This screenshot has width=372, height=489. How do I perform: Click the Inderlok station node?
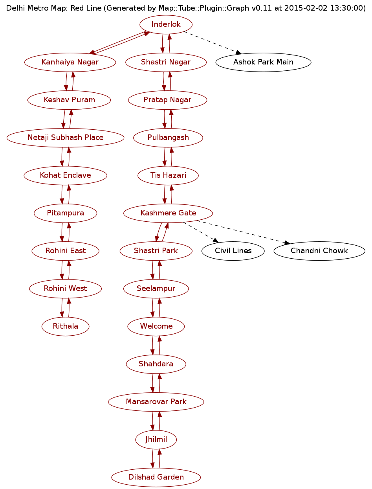pos(166,24)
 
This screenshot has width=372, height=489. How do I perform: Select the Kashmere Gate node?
pos(168,213)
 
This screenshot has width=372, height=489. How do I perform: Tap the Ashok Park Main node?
pos(263,62)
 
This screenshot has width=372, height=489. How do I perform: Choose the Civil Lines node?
pos(233,251)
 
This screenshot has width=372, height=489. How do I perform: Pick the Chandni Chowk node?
pos(319,251)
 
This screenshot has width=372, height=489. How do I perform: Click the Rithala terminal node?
pos(66,326)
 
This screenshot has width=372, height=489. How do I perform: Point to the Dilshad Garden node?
pos(156,477)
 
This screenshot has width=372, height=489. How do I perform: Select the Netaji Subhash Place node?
pos(66,138)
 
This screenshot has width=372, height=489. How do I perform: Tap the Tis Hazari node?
pos(168,175)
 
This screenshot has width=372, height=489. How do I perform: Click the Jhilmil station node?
pos(156,439)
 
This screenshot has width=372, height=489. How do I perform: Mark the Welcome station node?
pos(156,326)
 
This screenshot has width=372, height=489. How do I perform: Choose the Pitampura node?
pos(66,213)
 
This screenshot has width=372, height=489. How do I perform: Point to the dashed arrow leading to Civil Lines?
pos(200,232)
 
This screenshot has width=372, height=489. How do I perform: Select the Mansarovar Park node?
pos(156,402)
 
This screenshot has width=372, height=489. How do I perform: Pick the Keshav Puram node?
pos(69,100)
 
